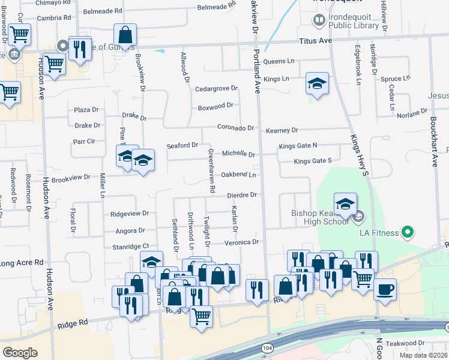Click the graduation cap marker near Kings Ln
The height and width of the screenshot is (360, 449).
(x=317, y=84)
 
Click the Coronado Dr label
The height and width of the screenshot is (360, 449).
(x=236, y=128)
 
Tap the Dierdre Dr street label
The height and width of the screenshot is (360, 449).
(x=242, y=195)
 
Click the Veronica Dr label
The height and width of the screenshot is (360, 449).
(x=242, y=242)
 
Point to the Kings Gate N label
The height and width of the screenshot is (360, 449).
(x=306, y=146)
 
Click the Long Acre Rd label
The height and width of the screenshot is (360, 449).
(x=22, y=263)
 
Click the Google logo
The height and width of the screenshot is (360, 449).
(x=20, y=352)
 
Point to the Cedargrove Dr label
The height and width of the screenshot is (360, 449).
(x=217, y=89)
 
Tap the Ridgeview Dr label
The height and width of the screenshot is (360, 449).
(x=129, y=214)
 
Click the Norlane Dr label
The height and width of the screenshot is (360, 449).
(x=412, y=113)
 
